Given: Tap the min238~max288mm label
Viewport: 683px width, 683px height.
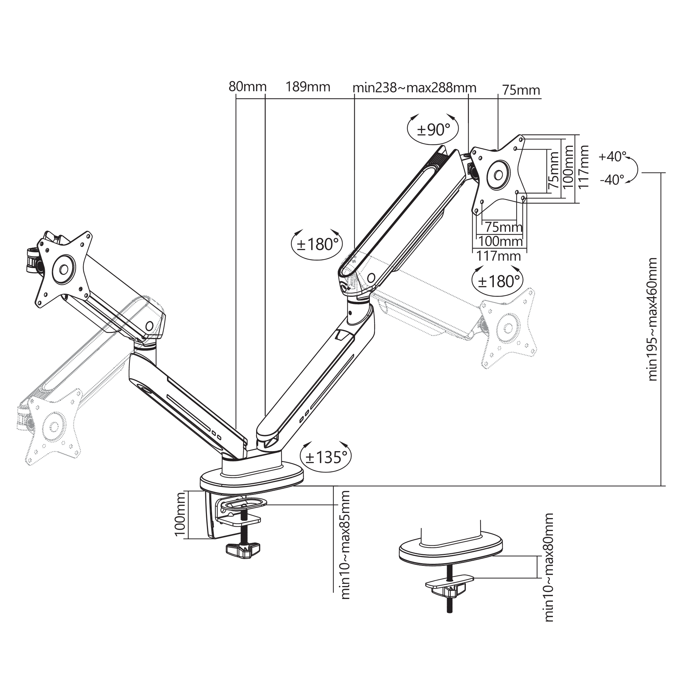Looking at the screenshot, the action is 415,87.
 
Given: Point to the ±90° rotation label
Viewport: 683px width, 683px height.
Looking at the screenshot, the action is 433,130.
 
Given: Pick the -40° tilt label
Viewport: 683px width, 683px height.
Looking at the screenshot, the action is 612,180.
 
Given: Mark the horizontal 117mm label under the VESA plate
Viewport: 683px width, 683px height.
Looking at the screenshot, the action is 499,255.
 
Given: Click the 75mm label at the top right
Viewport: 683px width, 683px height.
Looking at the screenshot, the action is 521,90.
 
